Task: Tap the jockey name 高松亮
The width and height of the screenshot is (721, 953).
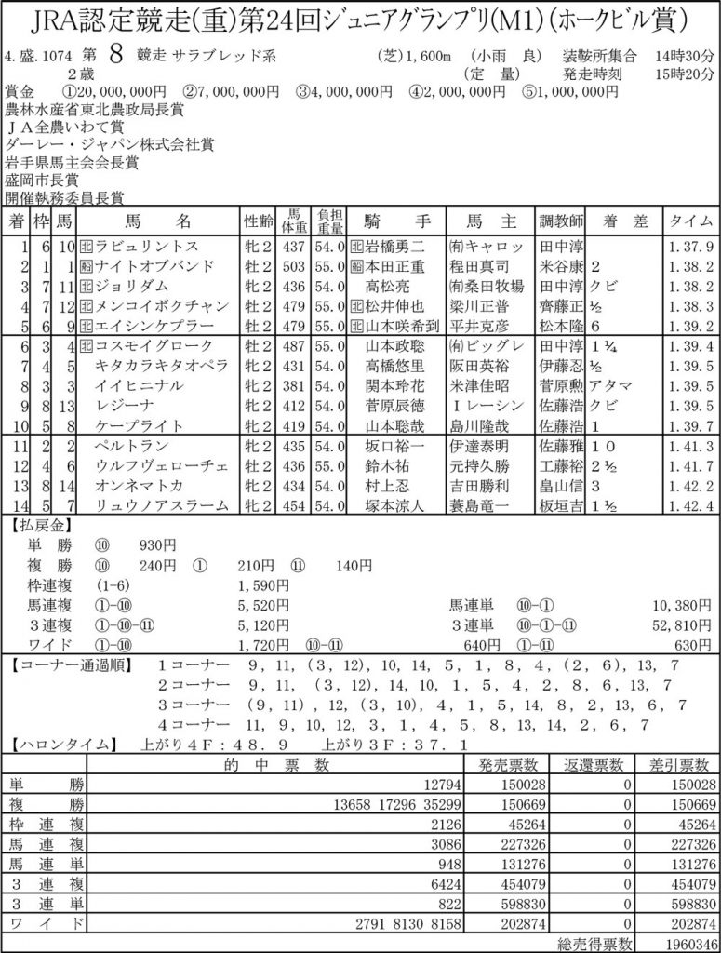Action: tap(387, 286)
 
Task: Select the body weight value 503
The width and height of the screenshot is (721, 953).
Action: tap(293, 266)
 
